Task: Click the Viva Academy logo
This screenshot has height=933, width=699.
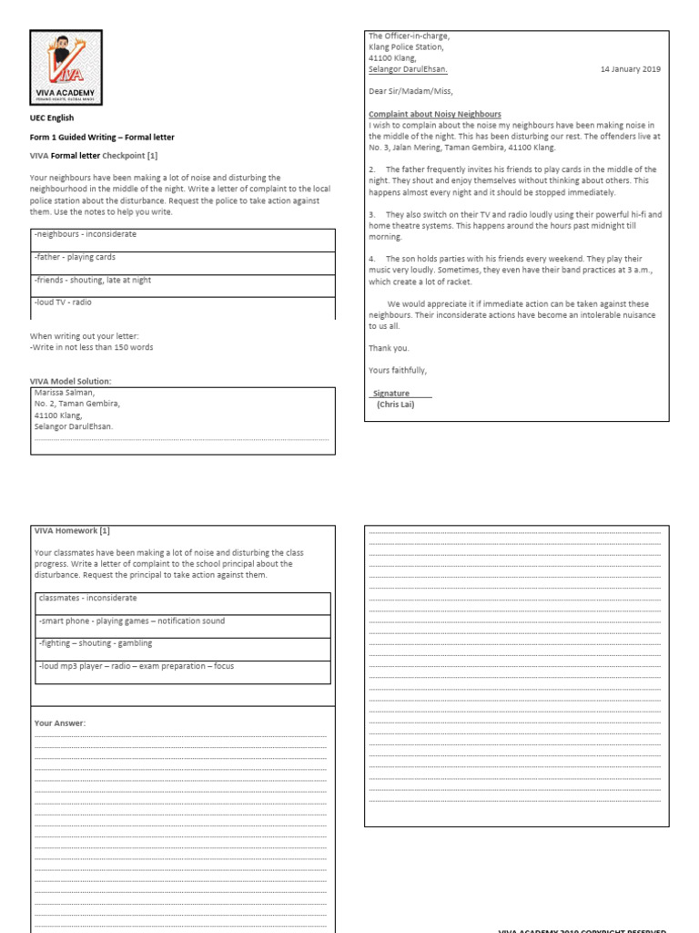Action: pyautogui.click(x=66, y=67)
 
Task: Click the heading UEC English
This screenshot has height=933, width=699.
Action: pyautogui.click(x=52, y=118)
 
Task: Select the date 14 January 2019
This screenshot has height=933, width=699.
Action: pyautogui.click(x=631, y=69)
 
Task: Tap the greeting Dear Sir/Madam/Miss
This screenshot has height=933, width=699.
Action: pyautogui.click(x=410, y=91)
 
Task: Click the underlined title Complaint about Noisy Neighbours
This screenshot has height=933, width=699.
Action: pyautogui.click(x=434, y=114)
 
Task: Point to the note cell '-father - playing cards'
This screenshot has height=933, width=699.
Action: pyautogui.click(x=182, y=258)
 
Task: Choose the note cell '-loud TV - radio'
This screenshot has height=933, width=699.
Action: pyautogui.click(x=182, y=303)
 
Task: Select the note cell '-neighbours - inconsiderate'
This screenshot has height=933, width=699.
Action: pyautogui.click(x=182, y=235)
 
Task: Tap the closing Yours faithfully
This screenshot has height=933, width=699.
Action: pyautogui.click(x=398, y=370)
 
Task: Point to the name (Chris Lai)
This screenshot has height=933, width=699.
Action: pyautogui.click(x=395, y=405)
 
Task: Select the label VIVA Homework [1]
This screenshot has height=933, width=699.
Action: pyautogui.click(x=72, y=530)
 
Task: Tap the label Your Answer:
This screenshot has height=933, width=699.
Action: pyautogui.click(x=60, y=723)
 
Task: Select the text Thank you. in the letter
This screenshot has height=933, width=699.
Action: pyautogui.click(x=389, y=348)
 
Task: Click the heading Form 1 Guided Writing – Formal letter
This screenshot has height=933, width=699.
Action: pyautogui.click(x=102, y=137)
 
